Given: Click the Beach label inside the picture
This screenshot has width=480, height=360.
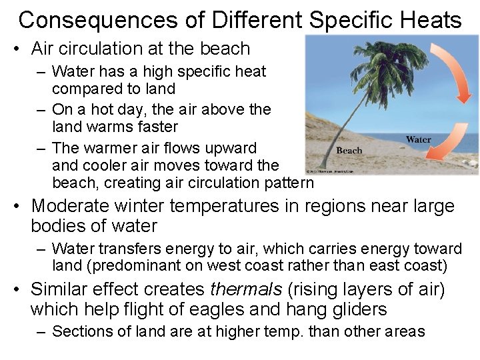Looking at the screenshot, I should coord(350,150).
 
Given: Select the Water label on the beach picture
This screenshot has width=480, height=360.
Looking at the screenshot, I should coord(419,139).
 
